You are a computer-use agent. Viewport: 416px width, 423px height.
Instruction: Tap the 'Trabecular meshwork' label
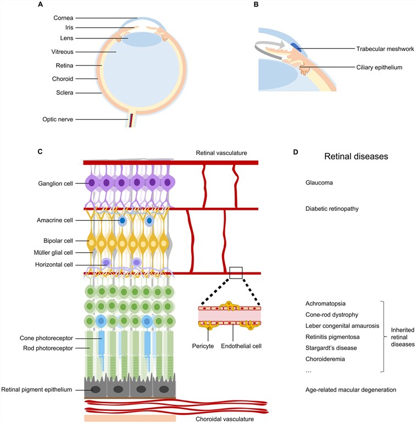point(378,49)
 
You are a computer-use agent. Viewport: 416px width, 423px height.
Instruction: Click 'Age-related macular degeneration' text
point(351,389)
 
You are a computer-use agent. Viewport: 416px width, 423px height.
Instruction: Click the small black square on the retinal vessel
point(236,272)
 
